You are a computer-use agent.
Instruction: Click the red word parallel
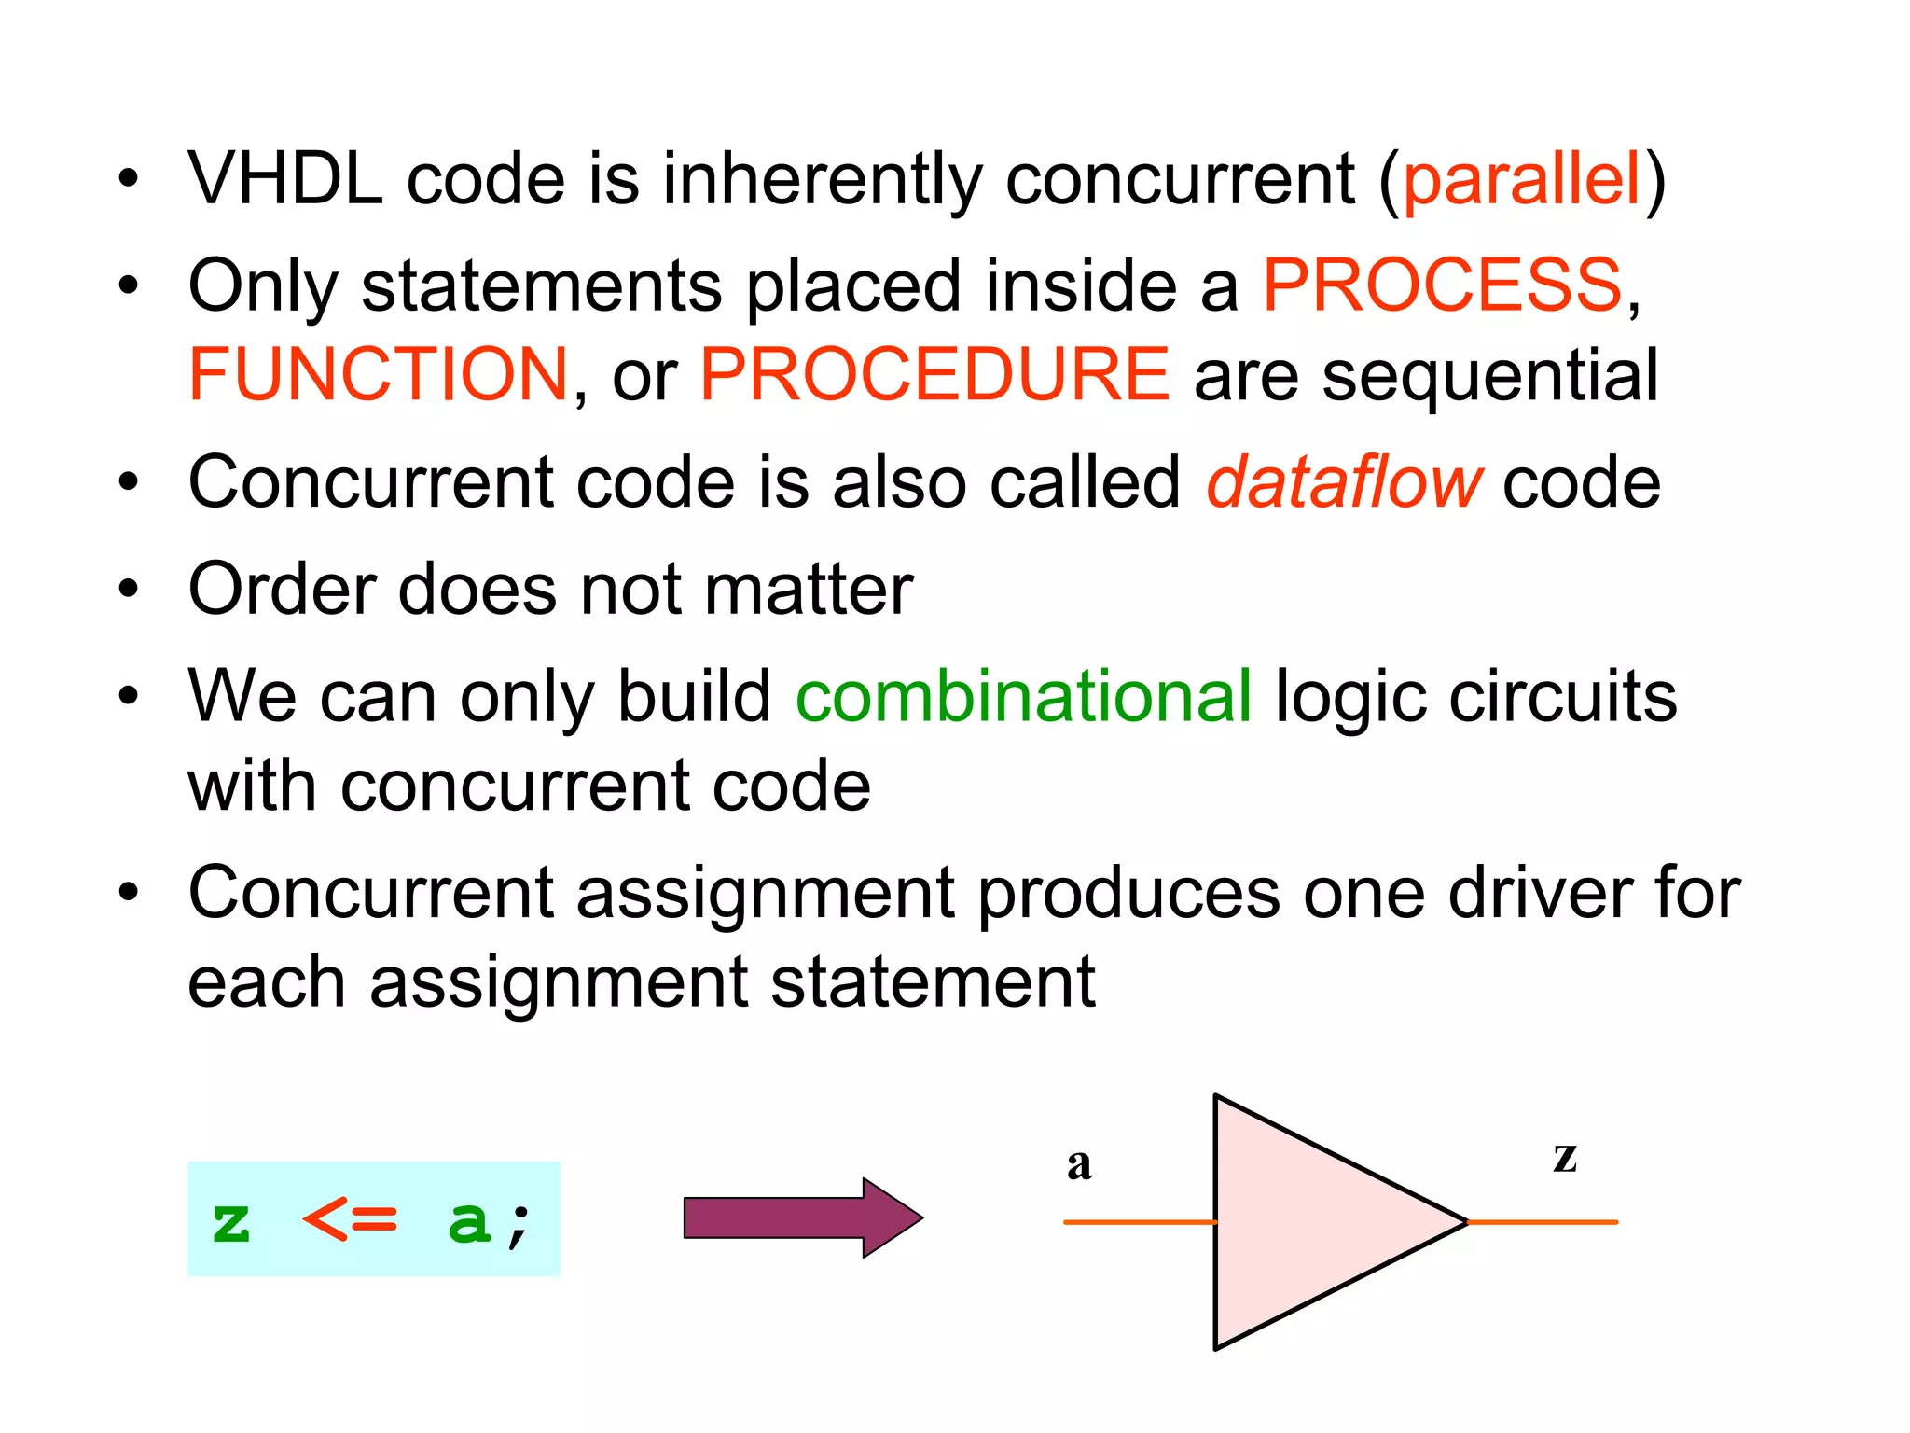tap(1521, 179)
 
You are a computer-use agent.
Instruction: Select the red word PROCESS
tap(1442, 285)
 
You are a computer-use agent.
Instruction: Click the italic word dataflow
tap(1343, 483)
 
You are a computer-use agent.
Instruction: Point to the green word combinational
tap(1023, 697)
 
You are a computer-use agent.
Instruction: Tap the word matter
tap(809, 590)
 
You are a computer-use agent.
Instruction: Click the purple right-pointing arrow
tap(802, 1217)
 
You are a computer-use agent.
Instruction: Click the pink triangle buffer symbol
tap(1315, 1222)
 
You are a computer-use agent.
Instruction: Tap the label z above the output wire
tap(1565, 1157)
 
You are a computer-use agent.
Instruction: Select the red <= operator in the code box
tap(351, 1219)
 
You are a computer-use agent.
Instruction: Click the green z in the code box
tap(231, 1222)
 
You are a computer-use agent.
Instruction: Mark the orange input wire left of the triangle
tap(1138, 1222)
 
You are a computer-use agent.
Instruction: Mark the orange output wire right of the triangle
tap(1543, 1222)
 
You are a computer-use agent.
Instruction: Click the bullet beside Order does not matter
tap(128, 590)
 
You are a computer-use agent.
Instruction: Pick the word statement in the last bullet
tap(933, 982)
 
